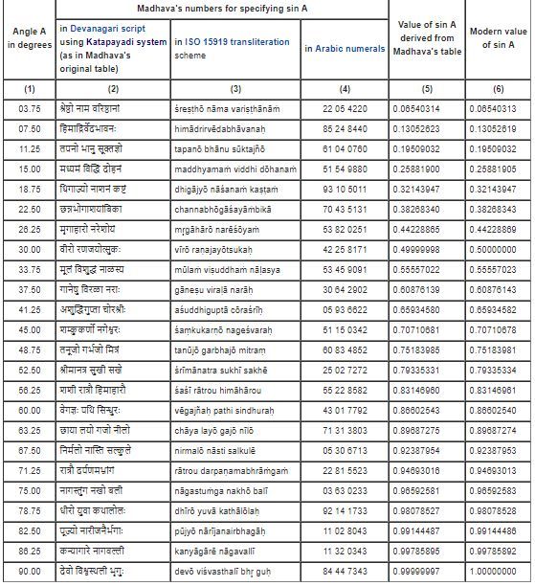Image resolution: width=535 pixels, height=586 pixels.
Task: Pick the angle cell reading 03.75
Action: (27, 111)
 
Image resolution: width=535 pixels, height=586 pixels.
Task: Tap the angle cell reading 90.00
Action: (27, 573)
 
